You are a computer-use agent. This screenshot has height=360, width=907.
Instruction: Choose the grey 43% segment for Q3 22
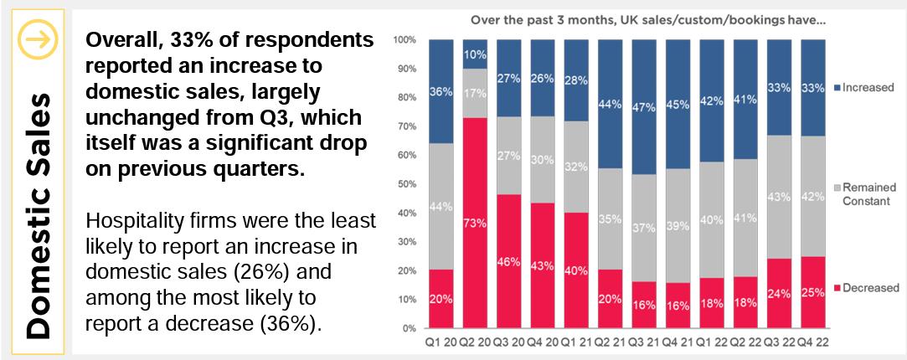[x=778, y=197]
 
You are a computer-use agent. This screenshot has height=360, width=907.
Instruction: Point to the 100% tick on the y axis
[x=405, y=39]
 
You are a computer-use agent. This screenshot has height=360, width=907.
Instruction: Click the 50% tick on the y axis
[x=407, y=183]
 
